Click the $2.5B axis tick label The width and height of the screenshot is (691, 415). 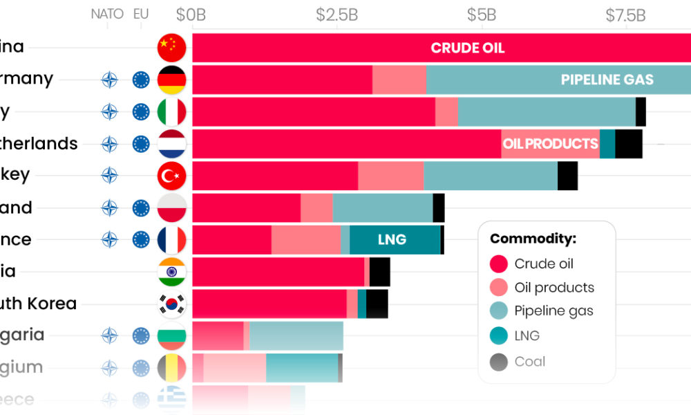click(x=337, y=15)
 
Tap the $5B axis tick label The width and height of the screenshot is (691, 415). click(x=481, y=15)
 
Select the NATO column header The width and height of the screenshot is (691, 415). click(x=107, y=14)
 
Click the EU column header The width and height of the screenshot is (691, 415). click(x=141, y=14)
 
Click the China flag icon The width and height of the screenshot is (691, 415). click(x=172, y=48)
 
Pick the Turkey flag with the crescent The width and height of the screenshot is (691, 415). click(x=172, y=176)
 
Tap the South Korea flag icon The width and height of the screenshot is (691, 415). click(x=172, y=304)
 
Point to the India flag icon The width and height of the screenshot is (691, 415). click(x=172, y=272)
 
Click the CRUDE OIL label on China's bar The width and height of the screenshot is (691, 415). click(x=468, y=48)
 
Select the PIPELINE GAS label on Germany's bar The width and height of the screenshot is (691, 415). click(x=607, y=80)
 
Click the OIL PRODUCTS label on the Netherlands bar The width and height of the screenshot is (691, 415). click(x=550, y=144)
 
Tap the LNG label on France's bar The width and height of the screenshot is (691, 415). click(x=392, y=240)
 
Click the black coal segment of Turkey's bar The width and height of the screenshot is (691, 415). click(x=567, y=176)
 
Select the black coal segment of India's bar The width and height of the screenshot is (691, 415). click(x=379, y=272)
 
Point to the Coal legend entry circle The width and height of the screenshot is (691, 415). click(x=499, y=362)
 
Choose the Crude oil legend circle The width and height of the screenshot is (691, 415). click(x=499, y=264)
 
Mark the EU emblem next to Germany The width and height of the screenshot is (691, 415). click(x=141, y=80)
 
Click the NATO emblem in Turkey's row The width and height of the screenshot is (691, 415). click(x=109, y=176)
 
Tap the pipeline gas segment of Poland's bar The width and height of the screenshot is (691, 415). click(x=382, y=208)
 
